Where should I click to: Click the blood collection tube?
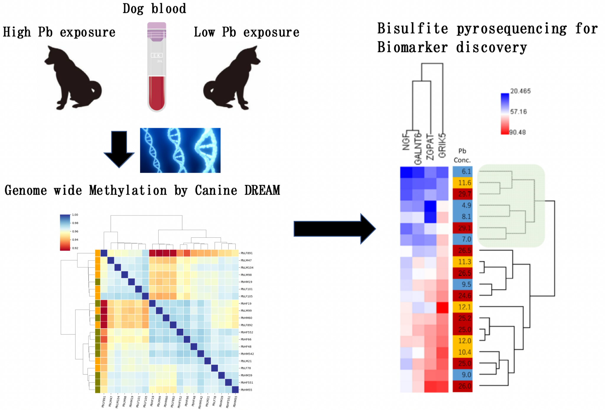(x=157, y=67)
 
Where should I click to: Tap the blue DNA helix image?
(x=180, y=150)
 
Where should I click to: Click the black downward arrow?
(x=119, y=149)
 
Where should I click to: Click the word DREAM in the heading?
(x=262, y=190)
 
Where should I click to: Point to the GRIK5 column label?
(x=442, y=146)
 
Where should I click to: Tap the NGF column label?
(x=406, y=142)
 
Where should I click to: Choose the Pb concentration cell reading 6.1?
(x=463, y=171)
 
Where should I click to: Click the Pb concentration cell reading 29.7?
(x=463, y=194)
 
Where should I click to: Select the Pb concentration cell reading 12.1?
(x=463, y=307)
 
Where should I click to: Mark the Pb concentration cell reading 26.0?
(x=463, y=386)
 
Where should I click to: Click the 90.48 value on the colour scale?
(x=517, y=132)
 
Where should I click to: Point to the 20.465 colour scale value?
(x=520, y=91)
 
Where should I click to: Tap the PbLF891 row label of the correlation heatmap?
(x=246, y=253)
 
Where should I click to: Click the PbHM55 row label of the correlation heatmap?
(x=246, y=390)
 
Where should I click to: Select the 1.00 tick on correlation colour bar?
(x=75, y=215)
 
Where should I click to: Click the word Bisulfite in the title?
(x=412, y=29)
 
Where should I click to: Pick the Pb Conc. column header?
(x=462, y=156)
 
